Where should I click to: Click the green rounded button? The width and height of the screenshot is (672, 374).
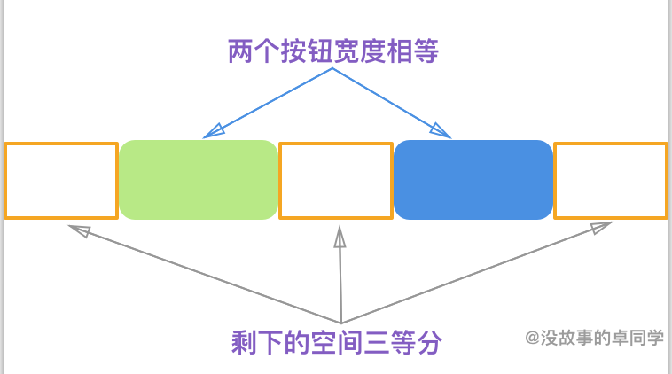[x=199, y=179]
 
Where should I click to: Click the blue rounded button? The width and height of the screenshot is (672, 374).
[x=473, y=179]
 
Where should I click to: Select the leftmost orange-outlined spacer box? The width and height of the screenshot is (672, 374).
[x=61, y=180]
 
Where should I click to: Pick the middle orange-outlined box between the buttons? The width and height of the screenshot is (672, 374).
[x=336, y=180]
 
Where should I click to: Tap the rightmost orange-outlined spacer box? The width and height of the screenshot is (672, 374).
[x=611, y=180]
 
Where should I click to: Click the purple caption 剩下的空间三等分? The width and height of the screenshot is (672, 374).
[x=336, y=343]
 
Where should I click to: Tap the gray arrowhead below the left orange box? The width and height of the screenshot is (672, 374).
[x=78, y=230]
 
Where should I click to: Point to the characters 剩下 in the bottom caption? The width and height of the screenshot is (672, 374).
[x=251, y=343]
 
